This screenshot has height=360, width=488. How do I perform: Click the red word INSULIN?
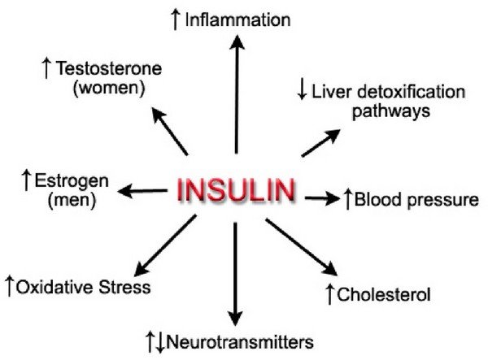pos(237,190)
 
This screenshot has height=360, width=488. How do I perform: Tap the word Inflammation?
pos(237,20)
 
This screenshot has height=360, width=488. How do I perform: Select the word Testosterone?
pos(109,68)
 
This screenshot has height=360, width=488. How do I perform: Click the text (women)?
pos(109,88)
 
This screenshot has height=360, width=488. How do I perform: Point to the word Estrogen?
pos(72,181)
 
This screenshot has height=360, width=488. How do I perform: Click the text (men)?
pos(72,200)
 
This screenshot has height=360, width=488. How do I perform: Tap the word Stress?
pos(124,287)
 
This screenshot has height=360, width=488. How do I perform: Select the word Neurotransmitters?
pos(240,342)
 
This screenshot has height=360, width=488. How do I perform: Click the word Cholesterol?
pos(384,294)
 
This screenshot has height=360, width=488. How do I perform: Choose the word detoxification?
pos(411,92)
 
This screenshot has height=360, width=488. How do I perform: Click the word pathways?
pos(391,111)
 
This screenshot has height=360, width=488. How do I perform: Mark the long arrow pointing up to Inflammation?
pos(237,94)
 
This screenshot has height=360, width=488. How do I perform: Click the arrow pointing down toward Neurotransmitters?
pos(235,274)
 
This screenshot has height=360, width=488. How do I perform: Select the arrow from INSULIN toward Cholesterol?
pos(301,247)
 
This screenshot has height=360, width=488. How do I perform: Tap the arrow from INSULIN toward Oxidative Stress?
pos(165,245)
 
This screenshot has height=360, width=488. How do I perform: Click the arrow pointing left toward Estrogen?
pos(142,191)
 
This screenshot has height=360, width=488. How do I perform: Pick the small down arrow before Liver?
pos(302,89)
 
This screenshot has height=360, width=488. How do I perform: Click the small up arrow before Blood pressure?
pos(347,199)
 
